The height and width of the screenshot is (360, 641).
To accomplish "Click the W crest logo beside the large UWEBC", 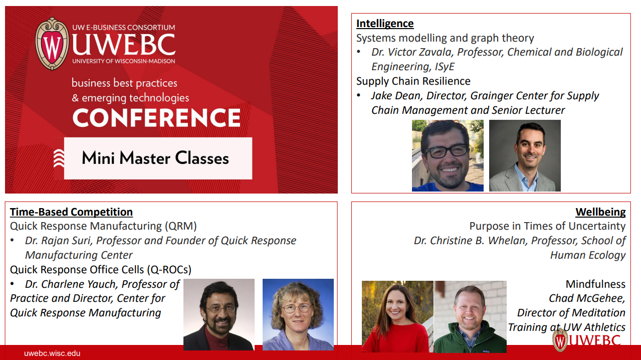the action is point(52,44).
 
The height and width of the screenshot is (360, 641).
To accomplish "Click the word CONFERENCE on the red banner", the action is point(156,117).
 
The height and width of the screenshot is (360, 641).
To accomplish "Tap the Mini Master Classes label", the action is point(155,158).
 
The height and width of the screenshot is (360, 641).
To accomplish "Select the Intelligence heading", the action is point(385,24).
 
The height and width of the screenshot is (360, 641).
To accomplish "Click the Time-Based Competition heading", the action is point(71,212).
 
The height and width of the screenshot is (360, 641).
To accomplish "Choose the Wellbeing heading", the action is point(600,212).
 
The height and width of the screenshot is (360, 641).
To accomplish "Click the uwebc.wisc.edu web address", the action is point(52,353).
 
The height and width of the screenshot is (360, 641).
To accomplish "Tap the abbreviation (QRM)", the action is point(181,226).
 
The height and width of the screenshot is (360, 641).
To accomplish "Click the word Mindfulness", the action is point(595,284).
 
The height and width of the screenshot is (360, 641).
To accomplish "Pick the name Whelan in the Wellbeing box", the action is point(507,241).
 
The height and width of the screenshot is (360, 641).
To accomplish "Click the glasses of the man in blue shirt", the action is point(447,151).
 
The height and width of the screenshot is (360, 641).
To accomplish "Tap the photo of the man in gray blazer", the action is point(525,155).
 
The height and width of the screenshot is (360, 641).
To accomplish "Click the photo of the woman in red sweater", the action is point(397,316).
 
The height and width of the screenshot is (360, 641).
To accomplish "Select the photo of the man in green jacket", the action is point(470,316).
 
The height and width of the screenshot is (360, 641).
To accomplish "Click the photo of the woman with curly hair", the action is point(298,314).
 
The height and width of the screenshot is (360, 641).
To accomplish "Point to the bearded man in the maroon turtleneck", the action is point(219,314).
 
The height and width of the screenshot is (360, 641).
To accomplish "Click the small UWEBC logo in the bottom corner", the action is point(587,340).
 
